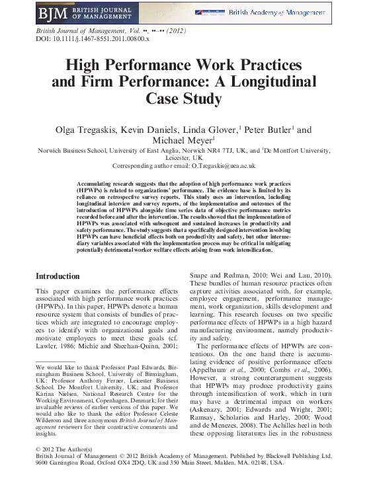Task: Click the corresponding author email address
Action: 220,166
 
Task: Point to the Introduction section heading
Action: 58,276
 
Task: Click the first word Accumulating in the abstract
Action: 98,182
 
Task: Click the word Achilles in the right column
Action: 257,436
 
